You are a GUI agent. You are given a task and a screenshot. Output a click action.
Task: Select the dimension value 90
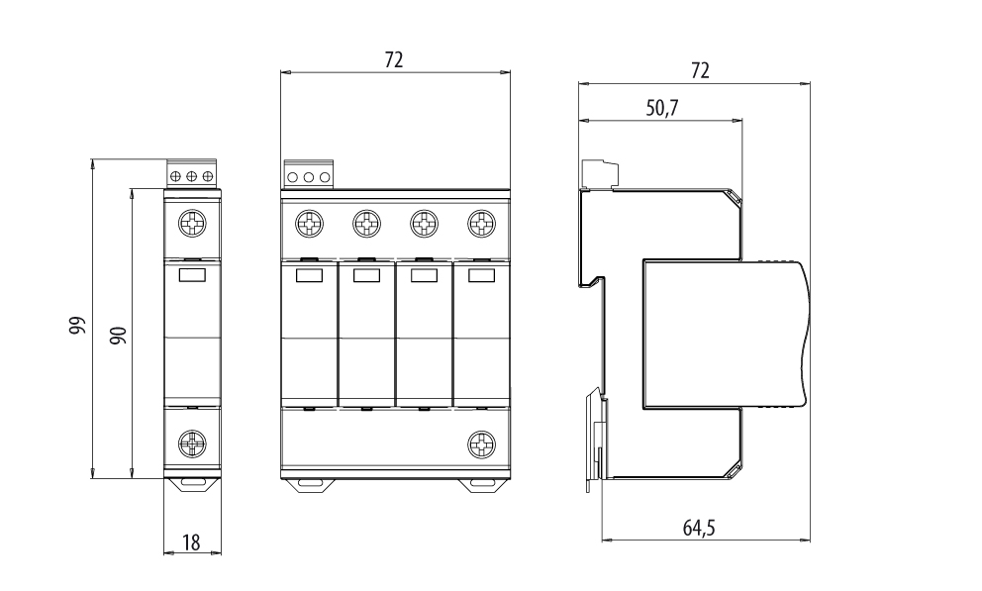(x=118, y=335)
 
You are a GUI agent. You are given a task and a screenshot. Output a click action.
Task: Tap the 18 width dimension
(x=191, y=542)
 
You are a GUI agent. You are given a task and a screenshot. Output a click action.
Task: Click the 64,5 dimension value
(x=699, y=529)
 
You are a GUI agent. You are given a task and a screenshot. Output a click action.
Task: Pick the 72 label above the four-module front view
(x=394, y=60)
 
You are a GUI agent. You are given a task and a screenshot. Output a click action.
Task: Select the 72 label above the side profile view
(x=700, y=70)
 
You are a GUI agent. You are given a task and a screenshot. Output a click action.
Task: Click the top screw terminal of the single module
(x=192, y=223)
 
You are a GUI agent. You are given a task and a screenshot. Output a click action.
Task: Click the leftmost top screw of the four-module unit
(x=310, y=223)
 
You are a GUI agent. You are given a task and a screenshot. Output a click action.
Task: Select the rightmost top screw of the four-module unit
(x=481, y=223)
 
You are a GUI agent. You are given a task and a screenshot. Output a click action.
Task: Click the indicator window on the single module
(x=192, y=276)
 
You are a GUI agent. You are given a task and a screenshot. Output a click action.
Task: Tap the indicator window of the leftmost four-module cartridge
(x=310, y=276)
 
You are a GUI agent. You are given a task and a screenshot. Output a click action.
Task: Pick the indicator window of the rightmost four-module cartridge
(x=481, y=276)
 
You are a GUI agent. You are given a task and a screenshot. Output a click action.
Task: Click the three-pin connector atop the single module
(x=192, y=176)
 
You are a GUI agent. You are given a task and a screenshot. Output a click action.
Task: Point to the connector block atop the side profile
(x=600, y=174)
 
